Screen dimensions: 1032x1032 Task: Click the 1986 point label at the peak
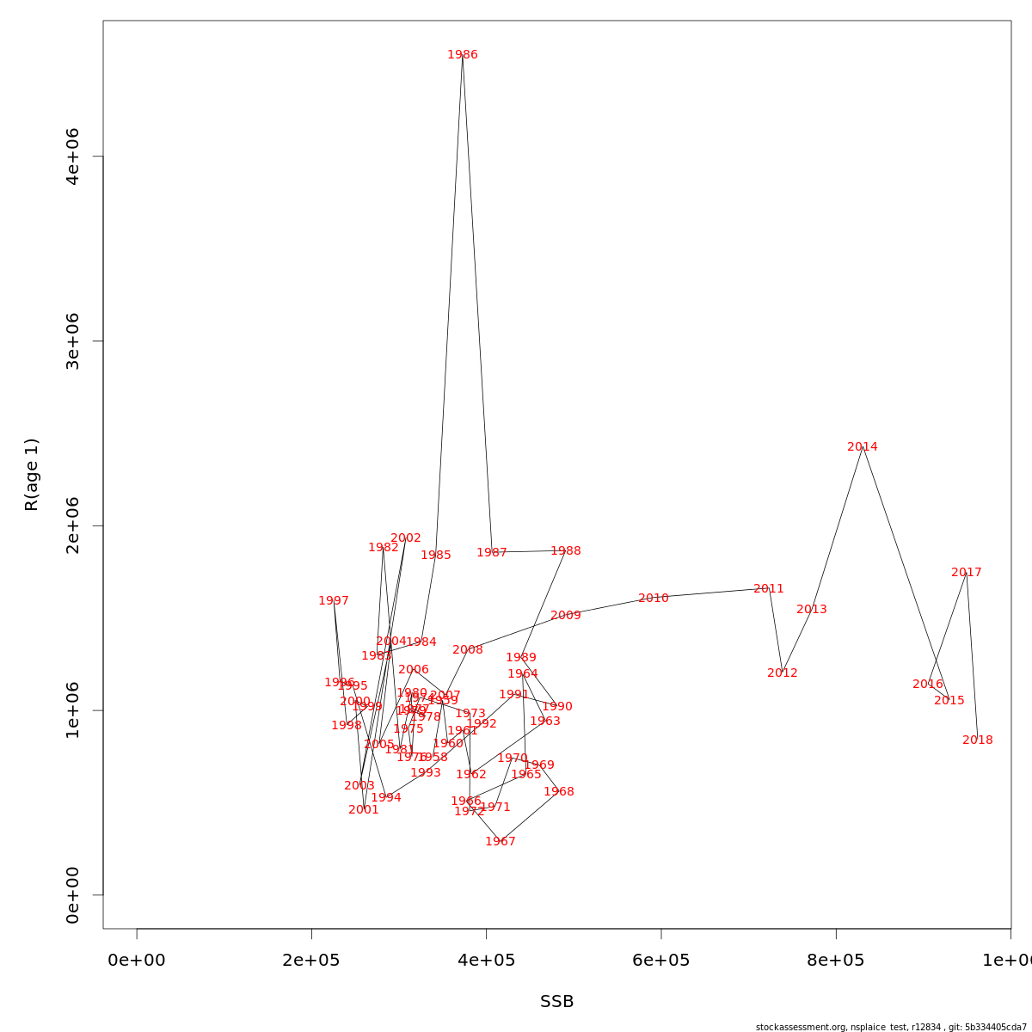(463, 55)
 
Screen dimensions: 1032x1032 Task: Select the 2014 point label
(863, 447)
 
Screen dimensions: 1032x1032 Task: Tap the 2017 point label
(967, 573)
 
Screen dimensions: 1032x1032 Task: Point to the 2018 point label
(978, 740)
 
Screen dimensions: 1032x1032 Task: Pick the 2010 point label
(654, 599)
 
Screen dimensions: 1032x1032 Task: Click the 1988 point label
(566, 551)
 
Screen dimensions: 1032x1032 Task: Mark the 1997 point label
(334, 601)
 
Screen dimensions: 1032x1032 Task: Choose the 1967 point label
(501, 842)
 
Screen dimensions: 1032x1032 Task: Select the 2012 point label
(783, 673)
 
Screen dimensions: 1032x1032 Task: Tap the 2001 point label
(364, 810)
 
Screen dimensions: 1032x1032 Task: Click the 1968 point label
(559, 792)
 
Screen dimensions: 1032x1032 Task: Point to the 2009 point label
(566, 616)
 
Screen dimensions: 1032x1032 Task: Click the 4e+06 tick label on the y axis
(73, 157)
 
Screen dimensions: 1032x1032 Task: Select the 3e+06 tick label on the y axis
(73, 341)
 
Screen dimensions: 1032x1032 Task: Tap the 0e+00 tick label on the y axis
(73, 895)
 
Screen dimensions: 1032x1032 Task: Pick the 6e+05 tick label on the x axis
(661, 961)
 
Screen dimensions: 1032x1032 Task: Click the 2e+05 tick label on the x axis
(311, 961)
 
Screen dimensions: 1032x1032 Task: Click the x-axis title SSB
(557, 1002)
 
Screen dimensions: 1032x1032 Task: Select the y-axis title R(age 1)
(32, 475)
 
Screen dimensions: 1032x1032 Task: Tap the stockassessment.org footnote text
(891, 1027)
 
